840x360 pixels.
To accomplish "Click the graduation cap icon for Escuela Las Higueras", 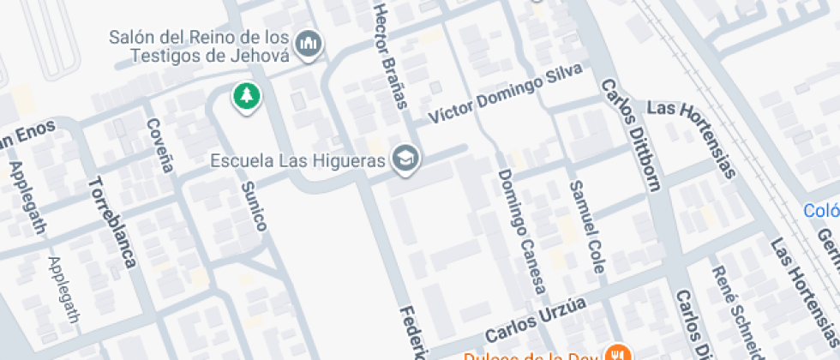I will [404, 159].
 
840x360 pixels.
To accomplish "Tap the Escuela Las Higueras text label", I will [297, 160].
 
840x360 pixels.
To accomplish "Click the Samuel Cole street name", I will [587, 227].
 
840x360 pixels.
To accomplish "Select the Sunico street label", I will [255, 206].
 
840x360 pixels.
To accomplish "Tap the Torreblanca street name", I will [112, 223].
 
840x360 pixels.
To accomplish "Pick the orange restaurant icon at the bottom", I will [615, 353].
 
